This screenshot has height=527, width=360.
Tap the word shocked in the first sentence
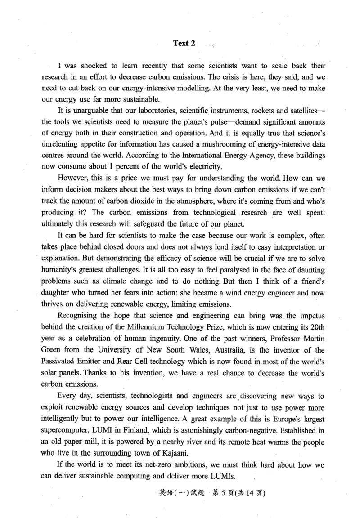tap(90, 66)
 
